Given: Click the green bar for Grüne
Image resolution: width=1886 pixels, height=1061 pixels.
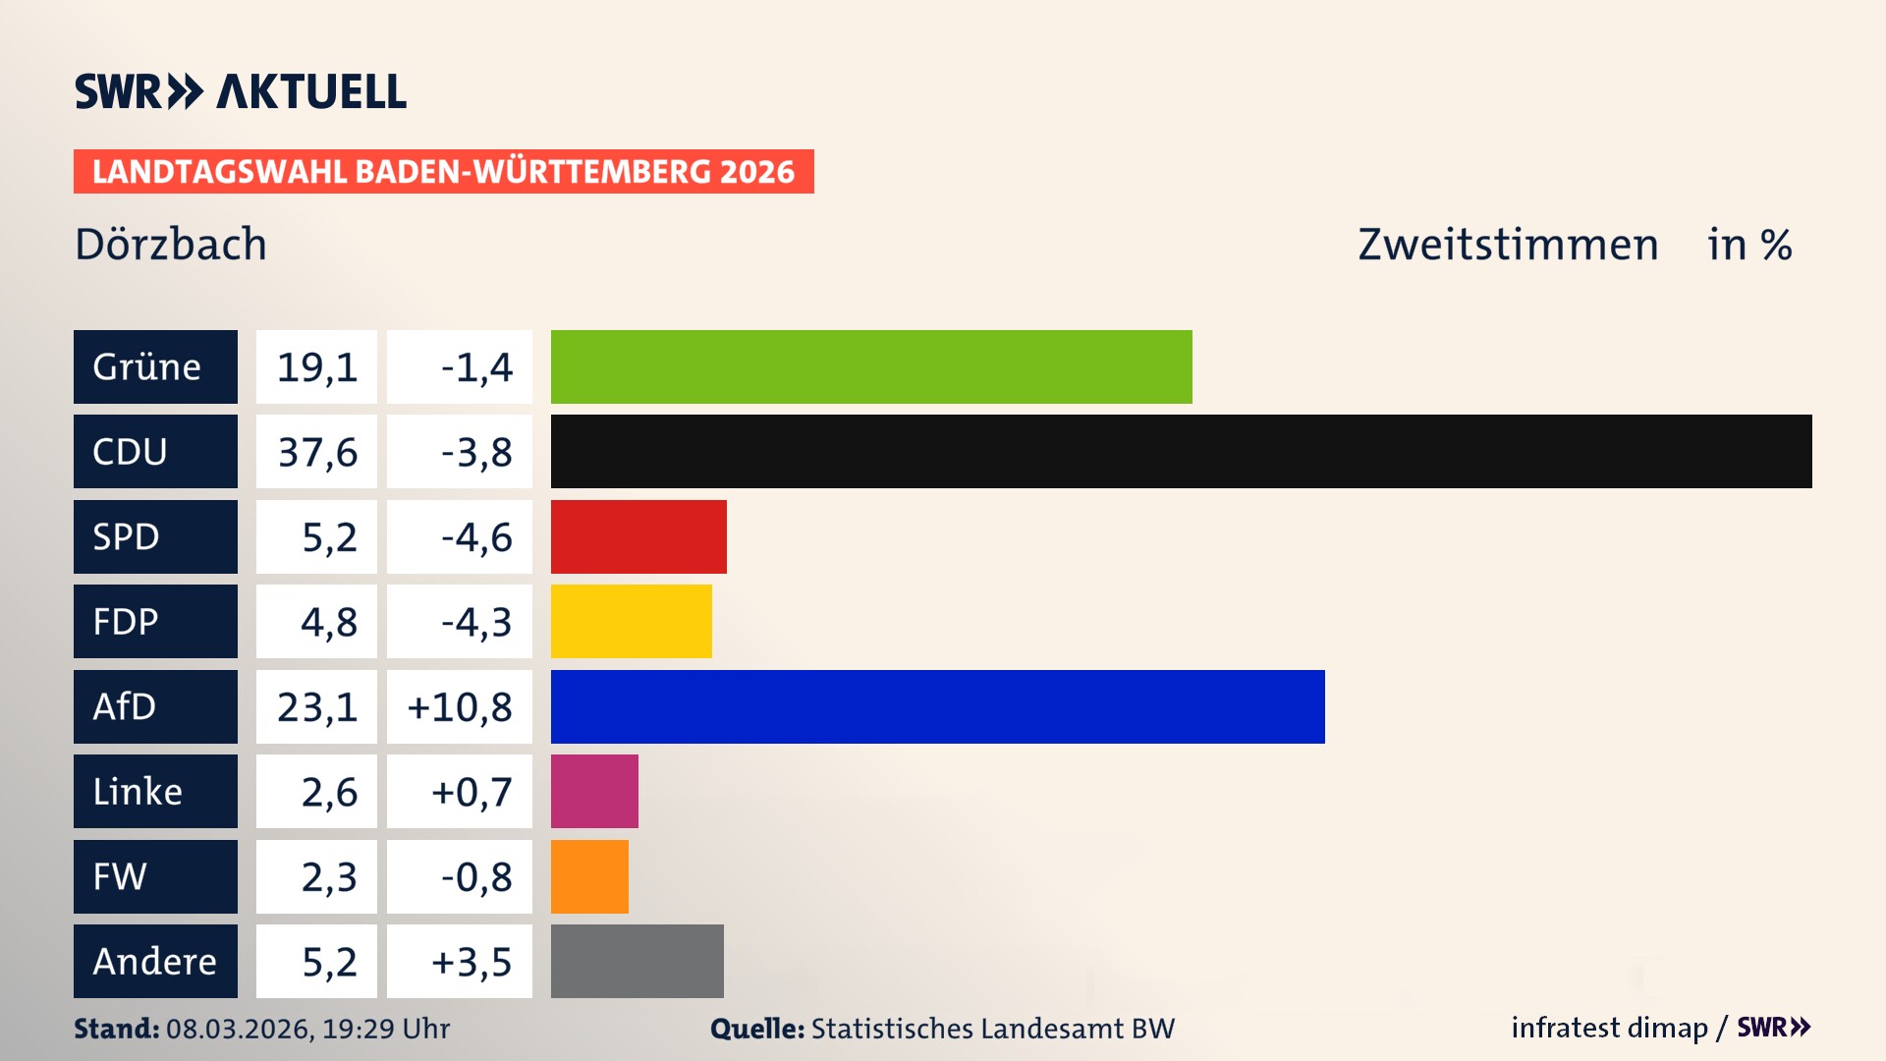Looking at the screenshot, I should point(871,366).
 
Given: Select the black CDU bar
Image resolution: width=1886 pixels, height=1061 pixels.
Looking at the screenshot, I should point(1181,452).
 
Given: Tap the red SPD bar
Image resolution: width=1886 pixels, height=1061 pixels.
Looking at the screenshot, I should point(638,536).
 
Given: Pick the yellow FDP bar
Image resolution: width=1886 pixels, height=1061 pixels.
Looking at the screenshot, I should point(631,621).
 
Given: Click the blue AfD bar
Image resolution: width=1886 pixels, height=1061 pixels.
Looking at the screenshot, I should point(937,706).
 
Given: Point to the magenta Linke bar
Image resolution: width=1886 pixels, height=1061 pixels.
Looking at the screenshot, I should point(594,791).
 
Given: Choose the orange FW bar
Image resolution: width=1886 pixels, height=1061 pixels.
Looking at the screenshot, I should point(589,876).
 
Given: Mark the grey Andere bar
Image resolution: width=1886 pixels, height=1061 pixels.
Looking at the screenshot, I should point(637,961).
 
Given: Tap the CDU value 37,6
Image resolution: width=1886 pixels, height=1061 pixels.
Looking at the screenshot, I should point(316,452).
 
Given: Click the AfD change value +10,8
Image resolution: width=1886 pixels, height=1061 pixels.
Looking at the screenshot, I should point(460,706).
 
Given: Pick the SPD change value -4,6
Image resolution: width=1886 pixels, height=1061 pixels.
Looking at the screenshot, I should point(476,536).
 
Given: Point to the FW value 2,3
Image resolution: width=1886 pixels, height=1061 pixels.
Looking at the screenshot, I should point(328,876).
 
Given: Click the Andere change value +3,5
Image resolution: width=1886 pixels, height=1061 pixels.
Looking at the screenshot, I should point(471,961).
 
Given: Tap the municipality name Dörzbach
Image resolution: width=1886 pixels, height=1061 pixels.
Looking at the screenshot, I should point(171,245).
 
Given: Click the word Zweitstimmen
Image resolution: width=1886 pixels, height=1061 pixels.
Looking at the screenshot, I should point(1508,245).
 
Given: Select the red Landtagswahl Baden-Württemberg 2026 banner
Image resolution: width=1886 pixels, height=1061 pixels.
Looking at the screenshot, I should point(443,172).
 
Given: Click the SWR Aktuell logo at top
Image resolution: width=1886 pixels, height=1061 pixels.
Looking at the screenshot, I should point(241,91).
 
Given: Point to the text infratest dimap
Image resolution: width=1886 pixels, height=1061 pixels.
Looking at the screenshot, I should point(1609,1028).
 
